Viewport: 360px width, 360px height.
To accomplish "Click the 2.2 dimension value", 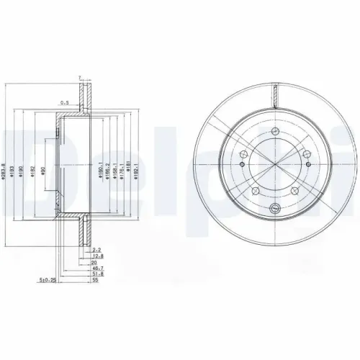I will coord(97,249).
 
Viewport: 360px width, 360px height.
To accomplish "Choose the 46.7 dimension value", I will coord(97,266).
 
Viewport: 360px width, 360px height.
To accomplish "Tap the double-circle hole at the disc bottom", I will coord(274,209).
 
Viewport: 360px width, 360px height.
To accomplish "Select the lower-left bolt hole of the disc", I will coord(256,190).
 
